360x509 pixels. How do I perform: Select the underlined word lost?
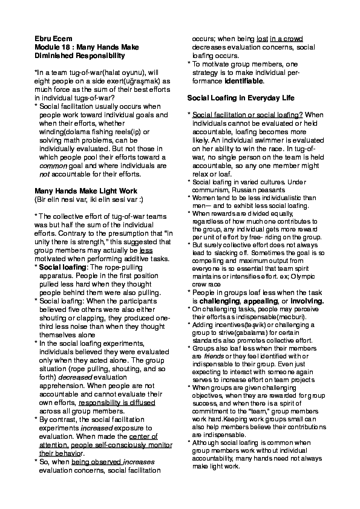(262, 38)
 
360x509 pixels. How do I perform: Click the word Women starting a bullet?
(203, 197)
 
